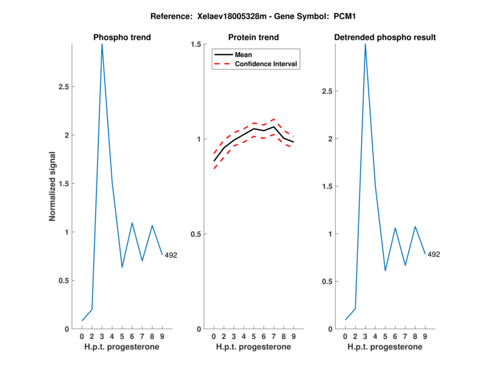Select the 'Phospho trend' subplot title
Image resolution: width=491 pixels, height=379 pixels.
(122, 37)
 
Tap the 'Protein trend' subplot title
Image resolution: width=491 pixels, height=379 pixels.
(253, 37)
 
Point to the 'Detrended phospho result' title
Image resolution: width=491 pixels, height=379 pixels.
(385, 37)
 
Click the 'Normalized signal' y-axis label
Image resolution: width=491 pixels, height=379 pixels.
(53, 186)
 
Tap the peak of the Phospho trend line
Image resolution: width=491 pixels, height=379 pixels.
(102, 44)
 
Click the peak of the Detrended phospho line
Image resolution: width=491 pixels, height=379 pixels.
(365, 44)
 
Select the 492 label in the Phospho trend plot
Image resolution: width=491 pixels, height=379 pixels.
(171, 255)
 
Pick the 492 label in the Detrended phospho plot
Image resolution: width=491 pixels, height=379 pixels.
(434, 255)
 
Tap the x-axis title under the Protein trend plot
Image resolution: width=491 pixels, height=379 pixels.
(253, 347)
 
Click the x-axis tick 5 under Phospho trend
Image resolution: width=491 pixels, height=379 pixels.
(122, 337)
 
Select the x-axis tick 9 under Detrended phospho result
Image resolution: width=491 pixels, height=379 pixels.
(425, 337)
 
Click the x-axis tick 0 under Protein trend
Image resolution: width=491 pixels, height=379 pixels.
(214, 337)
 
